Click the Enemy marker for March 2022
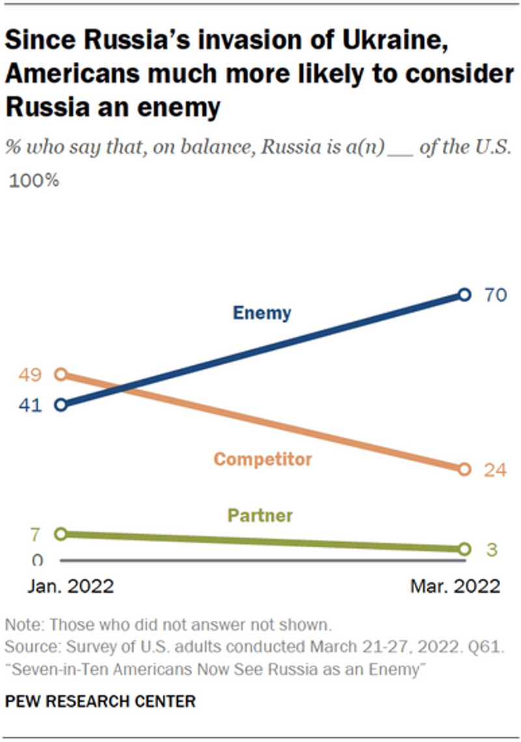click(x=464, y=295)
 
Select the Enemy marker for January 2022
click(x=61, y=405)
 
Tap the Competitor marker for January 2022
click(x=61, y=374)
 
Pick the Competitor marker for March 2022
click(x=464, y=469)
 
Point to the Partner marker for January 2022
click(x=61, y=534)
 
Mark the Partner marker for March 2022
click(x=464, y=549)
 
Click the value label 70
click(x=495, y=295)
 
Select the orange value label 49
click(x=30, y=375)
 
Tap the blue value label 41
click(x=30, y=406)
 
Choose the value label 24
click(x=495, y=470)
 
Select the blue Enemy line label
click(x=261, y=313)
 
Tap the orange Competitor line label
click(x=263, y=459)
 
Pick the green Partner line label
click(x=260, y=516)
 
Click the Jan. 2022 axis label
click(x=70, y=586)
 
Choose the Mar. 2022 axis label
click(x=455, y=586)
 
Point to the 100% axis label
click(x=34, y=180)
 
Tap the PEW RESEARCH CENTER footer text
click(x=100, y=702)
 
